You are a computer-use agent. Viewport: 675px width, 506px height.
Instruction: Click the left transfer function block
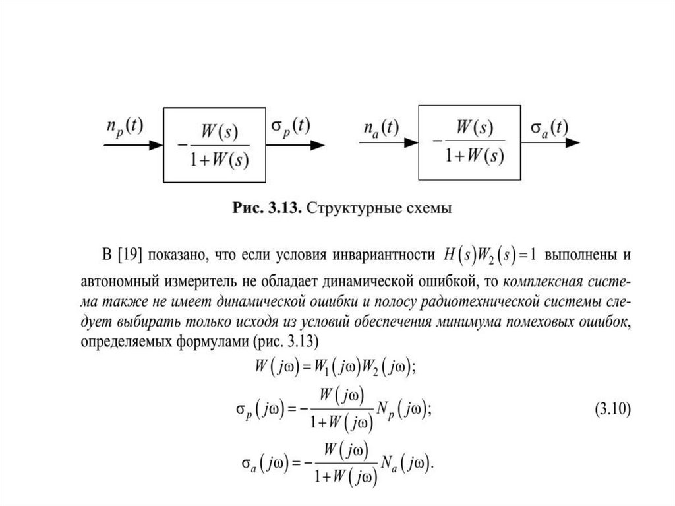point(214,144)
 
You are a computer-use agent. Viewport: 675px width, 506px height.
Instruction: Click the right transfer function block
point(470,142)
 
